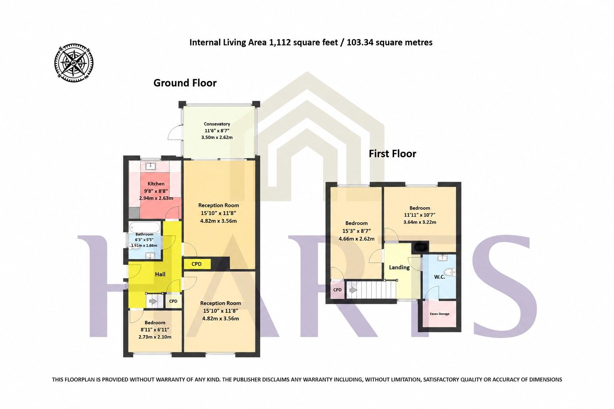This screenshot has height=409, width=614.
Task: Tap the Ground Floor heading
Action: [x=185, y=83]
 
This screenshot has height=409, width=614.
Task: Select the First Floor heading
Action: [x=392, y=154]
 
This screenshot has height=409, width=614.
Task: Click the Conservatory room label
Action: [x=217, y=124]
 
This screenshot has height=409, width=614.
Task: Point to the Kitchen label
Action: [x=156, y=184]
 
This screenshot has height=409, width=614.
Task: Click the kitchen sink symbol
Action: [x=150, y=166]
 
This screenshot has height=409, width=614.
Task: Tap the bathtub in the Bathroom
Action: [x=144, y=227]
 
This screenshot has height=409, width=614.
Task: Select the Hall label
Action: [x=160, y=274]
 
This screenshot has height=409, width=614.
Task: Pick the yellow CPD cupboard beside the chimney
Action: [x=197, y=264]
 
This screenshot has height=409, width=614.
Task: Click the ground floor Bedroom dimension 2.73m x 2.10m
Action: [x=155, y=337]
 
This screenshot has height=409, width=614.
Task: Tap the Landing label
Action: [x=399, y=267]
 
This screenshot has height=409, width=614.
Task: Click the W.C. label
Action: [x=439, y=277]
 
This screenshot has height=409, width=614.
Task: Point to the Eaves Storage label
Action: [x=439, y=314]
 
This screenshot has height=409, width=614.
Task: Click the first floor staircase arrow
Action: [x=353, y=290]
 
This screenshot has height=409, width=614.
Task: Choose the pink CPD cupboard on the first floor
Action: [x=337, y=290]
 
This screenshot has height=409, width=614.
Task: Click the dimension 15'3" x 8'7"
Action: [x=356, y=231]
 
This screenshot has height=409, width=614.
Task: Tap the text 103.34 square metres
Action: [x=389, y=42]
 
